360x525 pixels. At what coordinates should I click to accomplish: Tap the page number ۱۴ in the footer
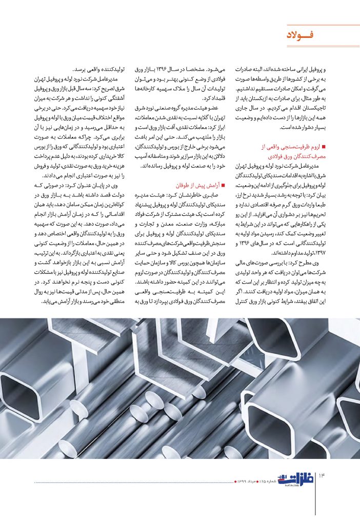click(x=323, y=480)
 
